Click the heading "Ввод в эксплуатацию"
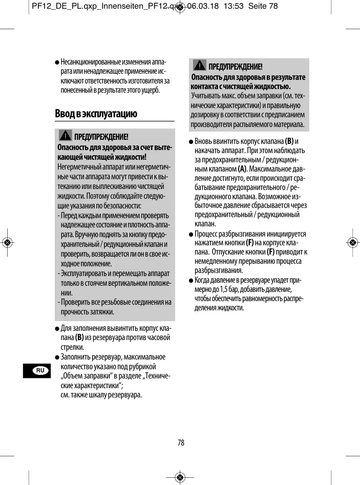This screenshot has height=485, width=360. pos(96,113)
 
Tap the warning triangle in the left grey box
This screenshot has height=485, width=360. pos(65,136)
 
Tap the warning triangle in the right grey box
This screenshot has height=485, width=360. pos(200,66)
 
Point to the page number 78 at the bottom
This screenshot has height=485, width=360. pos(181,442)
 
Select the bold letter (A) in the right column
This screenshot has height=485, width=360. pos(243,169)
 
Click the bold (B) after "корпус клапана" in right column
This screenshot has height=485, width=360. pos(289,141)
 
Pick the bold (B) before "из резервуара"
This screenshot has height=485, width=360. pos(80,338)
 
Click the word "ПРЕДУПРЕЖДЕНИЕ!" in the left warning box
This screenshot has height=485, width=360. pos(101,137)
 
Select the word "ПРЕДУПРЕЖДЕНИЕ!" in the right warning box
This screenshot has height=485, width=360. pos(236,67)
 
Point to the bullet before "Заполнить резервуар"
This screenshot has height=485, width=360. pos(57,357)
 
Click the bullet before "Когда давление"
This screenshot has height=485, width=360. pos(191,280)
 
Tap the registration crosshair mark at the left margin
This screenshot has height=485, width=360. pos(7,243)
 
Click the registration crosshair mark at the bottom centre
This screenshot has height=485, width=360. pos(180,477)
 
